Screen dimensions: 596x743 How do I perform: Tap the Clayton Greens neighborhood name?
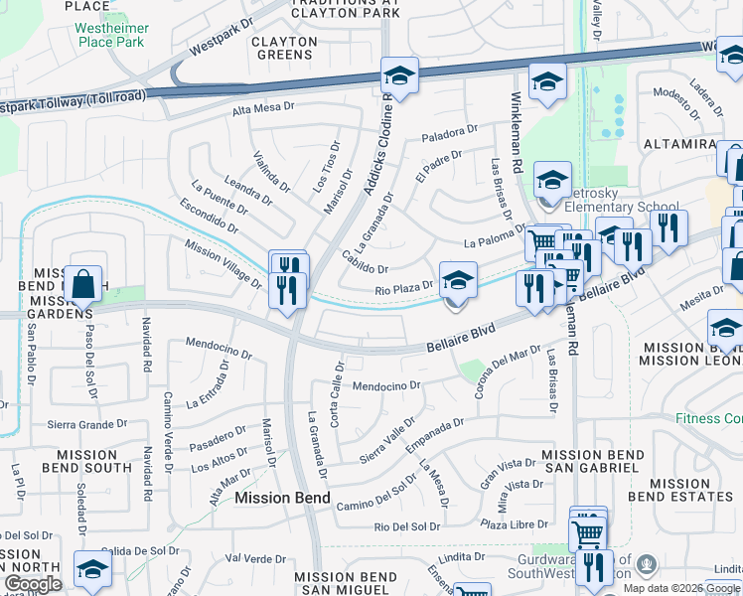point(284,49)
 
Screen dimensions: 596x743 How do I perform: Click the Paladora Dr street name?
point(450,133)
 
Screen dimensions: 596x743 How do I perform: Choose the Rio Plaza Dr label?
point(404,286)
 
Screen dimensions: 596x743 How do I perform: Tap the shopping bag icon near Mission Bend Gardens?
point(84,283)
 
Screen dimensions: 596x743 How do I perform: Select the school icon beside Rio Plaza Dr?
point(458,280)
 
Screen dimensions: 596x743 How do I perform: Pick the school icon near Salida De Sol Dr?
point(92,569)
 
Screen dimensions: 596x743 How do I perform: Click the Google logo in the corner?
point(33,584)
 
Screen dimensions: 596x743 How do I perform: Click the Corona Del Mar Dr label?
point(507,372)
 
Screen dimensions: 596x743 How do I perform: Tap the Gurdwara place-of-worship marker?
point(647,565)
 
